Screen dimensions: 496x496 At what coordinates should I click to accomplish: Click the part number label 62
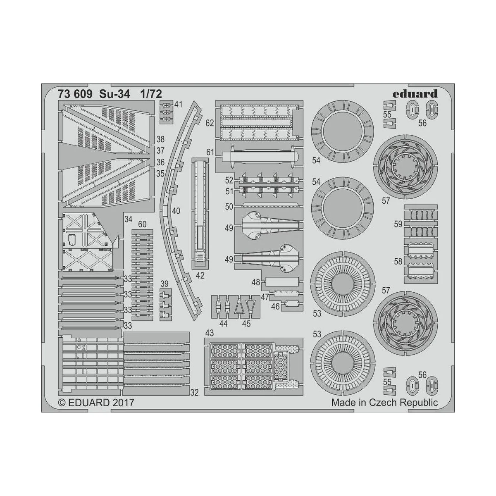pos(210,123)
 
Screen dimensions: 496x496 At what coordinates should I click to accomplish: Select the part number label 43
pos(210,333)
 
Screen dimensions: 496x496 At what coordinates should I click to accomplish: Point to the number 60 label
pos(142,224)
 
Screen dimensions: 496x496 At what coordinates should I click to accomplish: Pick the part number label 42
pos(200,275)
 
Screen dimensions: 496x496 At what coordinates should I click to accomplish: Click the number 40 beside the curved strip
pos(176,211)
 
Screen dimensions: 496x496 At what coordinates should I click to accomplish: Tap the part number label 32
pos(195,392)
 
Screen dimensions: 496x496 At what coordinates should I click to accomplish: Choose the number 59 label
pos(398,224)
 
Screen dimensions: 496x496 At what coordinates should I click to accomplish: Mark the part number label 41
pos(178,105)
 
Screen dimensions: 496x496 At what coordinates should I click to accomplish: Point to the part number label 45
pos(246,324)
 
